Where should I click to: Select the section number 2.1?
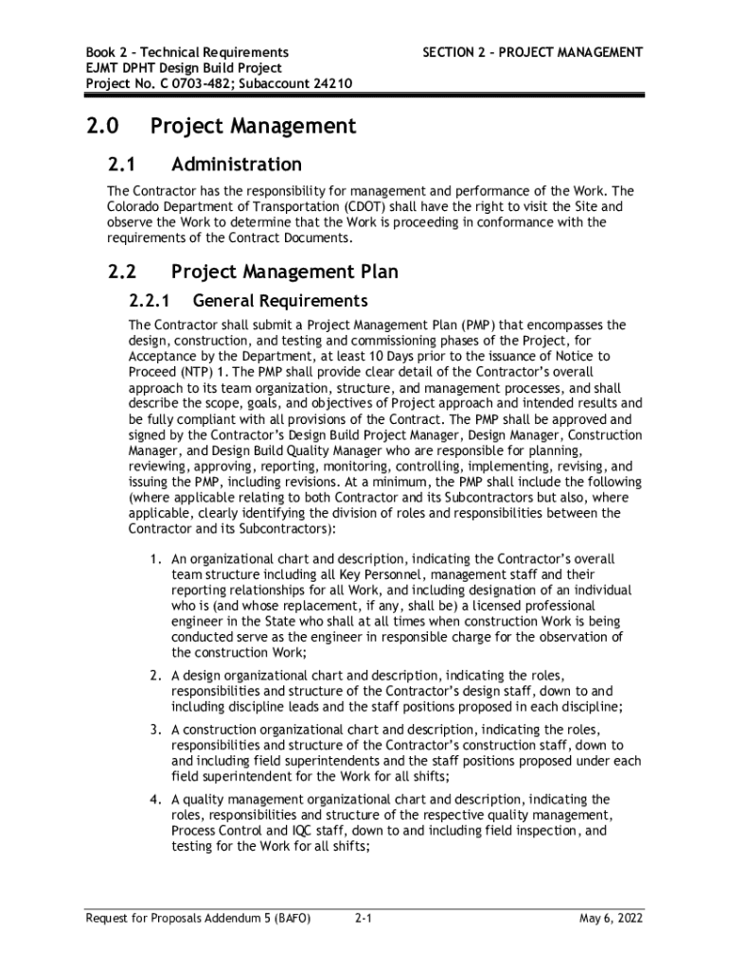123,165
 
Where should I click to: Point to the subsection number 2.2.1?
148,302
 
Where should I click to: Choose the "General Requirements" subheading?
279,302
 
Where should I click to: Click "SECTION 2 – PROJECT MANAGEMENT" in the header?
531,52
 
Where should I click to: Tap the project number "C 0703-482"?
178,83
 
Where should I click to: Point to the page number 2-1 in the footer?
363,918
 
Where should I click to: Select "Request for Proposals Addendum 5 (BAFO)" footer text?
198,918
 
